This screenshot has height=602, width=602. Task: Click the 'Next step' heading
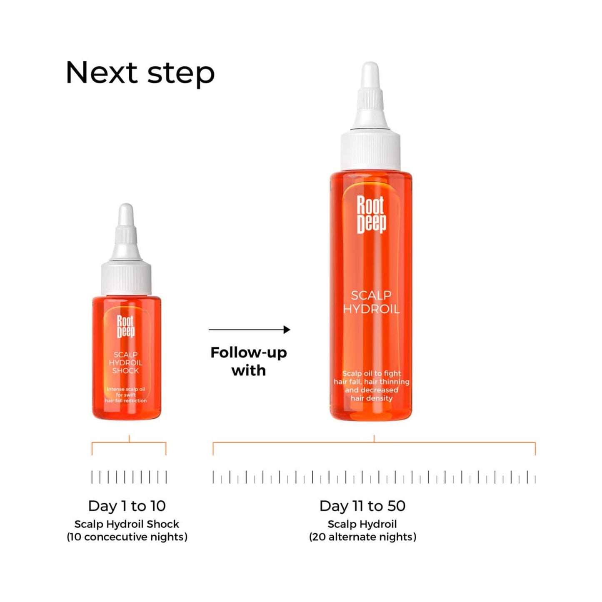pos(140,73)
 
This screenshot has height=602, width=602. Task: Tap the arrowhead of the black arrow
pos(287,330)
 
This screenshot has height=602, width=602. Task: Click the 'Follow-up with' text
pos(249,361)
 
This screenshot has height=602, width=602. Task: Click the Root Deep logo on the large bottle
pos(371,215)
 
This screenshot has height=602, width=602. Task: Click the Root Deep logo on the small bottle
pos(125,326)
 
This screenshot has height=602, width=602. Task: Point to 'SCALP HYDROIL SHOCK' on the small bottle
pos(125,362)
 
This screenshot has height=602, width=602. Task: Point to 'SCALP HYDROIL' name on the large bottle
pos(371,302)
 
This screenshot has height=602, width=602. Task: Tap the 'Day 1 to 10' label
pos(127,506)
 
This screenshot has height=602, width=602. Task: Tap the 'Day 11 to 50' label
pos(362,506)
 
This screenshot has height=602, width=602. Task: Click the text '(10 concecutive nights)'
pos(127,537)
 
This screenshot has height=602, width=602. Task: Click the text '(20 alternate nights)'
pos(362,537)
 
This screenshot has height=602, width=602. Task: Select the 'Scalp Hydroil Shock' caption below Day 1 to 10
pos(127,524)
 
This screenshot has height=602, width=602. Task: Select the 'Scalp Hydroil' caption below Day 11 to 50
pos(362,524)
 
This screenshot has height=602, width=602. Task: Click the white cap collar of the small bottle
pos(126,278)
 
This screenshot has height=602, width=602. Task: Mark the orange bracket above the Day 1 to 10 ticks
pos(129,443)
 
